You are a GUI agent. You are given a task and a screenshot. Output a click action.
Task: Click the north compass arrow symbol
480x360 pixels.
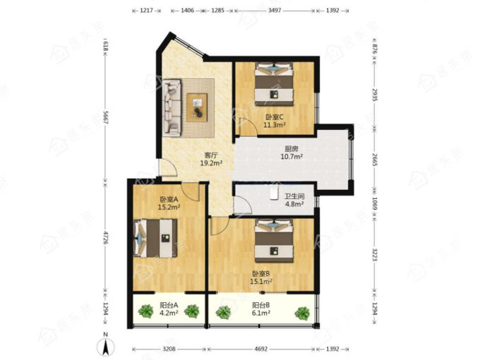(x=106, y=347)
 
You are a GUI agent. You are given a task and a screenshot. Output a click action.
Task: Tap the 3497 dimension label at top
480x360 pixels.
(x=275, y=11)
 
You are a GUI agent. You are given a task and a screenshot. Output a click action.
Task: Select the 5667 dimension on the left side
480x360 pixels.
(x=105, y=116)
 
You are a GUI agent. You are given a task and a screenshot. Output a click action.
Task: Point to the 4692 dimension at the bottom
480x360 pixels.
(x=260, y=349)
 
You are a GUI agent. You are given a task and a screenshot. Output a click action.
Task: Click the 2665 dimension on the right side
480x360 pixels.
(x=375, y=159)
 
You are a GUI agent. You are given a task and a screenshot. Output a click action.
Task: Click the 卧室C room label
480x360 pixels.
(x=275, y=117)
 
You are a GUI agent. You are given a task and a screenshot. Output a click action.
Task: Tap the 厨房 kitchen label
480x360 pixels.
(x=292, y=149)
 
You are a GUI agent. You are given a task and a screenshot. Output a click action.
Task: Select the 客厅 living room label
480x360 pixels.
(x=211, y=155)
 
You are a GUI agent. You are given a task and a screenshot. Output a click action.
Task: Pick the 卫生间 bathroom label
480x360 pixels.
(x=294, y=196)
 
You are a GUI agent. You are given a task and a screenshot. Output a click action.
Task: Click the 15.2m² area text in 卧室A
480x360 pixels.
(x=169, y=208)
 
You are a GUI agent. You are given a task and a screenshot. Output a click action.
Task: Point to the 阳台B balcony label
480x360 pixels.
(x=260, y=305)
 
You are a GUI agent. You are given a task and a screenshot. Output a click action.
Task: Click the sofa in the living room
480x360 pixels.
(x=172, y=107)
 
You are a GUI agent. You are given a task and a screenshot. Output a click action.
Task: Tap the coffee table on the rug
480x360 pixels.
(x=197, y=107)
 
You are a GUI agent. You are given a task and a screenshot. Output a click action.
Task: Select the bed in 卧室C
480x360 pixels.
(x=275, y=84)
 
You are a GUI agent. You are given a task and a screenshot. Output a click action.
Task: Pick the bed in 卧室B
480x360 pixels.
(x=275, y=241)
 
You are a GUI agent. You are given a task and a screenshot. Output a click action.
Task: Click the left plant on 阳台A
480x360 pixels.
(x=145, y=311)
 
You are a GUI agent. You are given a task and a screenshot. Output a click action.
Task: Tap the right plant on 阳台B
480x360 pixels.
(x=302, y=313)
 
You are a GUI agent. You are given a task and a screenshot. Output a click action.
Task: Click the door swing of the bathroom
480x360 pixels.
(x=243, y=205)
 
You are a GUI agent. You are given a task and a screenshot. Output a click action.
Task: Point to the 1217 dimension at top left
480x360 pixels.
(x=146, y=11)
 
